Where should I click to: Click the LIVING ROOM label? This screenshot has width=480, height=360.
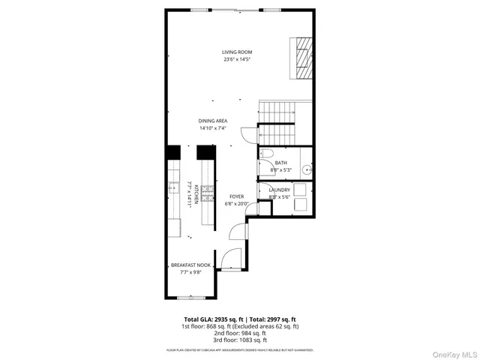[x=236, y=52]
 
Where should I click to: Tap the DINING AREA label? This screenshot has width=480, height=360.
[x=213, y=121]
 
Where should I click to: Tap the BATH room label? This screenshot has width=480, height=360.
[x=280, y=163]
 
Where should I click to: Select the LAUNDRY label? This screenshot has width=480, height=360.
[x=279, y=190]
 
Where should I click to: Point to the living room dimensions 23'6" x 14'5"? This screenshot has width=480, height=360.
[x=236, y=59]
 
